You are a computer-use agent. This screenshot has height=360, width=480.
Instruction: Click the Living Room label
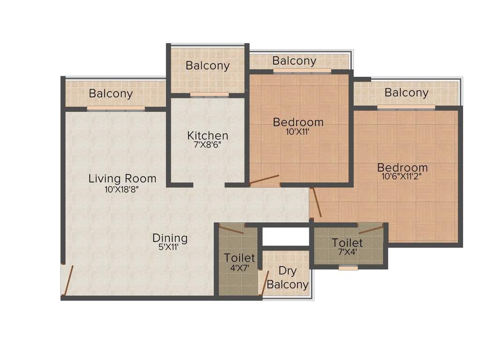coord(122,179)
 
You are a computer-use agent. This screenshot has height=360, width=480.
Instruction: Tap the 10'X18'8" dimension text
coord(122,190)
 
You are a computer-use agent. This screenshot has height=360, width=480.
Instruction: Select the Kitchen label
coord(208,135)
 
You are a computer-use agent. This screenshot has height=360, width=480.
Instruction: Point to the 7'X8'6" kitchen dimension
coord(208,145)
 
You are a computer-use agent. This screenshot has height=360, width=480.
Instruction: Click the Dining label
coord(170,238)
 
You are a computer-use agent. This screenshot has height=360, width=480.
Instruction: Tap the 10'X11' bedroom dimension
coord(298,132)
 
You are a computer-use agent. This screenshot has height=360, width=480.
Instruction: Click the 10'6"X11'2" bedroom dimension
coord(403,177)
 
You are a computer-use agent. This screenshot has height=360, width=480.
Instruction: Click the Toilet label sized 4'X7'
coord(240,258)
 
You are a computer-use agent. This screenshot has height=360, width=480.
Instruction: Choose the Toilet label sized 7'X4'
coord(347,243)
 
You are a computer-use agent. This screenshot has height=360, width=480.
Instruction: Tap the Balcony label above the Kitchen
coord(208,66)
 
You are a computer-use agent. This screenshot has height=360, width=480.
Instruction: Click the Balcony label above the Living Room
coord(111,94)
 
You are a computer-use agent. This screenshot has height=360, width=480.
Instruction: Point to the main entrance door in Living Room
coord(68,280)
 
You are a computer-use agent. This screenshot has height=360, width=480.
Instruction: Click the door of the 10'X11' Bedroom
coord(264,180)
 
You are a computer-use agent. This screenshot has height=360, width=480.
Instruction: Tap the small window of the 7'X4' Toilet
coord(347,268)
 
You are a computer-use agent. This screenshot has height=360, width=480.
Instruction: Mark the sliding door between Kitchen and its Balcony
coord(209,95)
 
